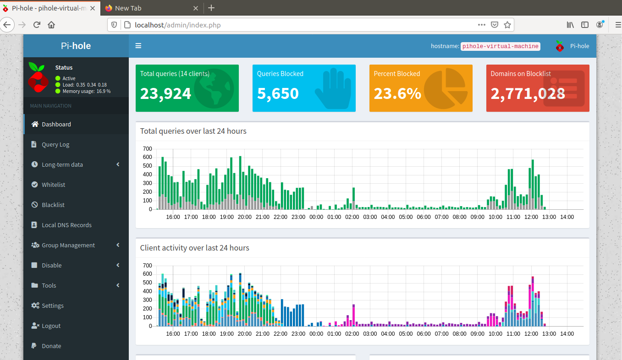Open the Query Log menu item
55,144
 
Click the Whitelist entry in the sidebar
53,185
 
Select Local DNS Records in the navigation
66,225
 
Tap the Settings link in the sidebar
52,305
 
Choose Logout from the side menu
51,326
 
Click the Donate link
51,346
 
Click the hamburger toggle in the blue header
138,46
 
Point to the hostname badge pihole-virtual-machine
501,46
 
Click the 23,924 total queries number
165,93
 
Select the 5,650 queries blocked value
278,93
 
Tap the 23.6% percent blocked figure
397,93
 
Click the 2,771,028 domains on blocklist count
528,93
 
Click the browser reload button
37,25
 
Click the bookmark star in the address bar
507,25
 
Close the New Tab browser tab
195,8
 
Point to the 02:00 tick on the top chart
352,217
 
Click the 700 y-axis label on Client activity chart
148,265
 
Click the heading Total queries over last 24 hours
193,131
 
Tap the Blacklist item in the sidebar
53,205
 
